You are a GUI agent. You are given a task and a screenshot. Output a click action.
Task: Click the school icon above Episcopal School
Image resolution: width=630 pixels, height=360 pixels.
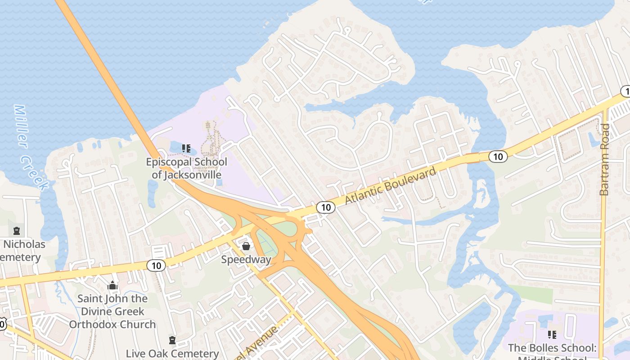click(186, 148)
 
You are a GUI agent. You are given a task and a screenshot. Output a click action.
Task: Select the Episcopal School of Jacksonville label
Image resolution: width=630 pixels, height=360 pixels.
click(186, 168)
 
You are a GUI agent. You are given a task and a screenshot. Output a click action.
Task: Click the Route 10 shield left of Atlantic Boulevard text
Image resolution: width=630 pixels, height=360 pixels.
click(325, 207)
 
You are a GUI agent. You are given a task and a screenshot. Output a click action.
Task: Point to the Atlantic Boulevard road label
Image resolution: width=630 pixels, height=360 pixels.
click(391, 185)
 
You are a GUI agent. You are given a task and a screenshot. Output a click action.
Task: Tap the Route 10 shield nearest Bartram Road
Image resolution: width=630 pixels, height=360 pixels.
click(498, 157)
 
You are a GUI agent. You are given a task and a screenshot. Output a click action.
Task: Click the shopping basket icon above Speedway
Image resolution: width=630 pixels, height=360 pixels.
click(246, 246)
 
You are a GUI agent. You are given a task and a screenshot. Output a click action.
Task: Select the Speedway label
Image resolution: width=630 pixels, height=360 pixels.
click(246, 260)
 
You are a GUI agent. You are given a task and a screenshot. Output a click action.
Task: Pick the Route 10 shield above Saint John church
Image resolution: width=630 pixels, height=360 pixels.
click(156, 265)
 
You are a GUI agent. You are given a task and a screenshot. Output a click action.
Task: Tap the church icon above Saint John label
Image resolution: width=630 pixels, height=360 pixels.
click(112, 286)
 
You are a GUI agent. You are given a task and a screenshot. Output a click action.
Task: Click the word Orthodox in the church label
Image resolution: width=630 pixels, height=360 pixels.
click(112, 324)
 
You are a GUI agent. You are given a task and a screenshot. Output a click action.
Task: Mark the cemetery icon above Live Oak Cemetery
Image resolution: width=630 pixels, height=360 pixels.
click(172, 340)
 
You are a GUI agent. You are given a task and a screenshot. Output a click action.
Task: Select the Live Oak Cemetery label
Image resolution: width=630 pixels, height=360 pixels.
click(172, 354)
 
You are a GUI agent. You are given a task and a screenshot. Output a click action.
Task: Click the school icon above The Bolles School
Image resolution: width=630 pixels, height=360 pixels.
click(552, 334)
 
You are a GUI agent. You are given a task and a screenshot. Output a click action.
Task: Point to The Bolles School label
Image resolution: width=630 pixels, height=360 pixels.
click(552, 348)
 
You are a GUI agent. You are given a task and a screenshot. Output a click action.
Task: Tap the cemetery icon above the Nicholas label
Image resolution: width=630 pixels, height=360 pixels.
click(17, 231)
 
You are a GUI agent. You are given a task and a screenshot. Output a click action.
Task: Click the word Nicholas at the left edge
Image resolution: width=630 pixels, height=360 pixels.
click(25, 244)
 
